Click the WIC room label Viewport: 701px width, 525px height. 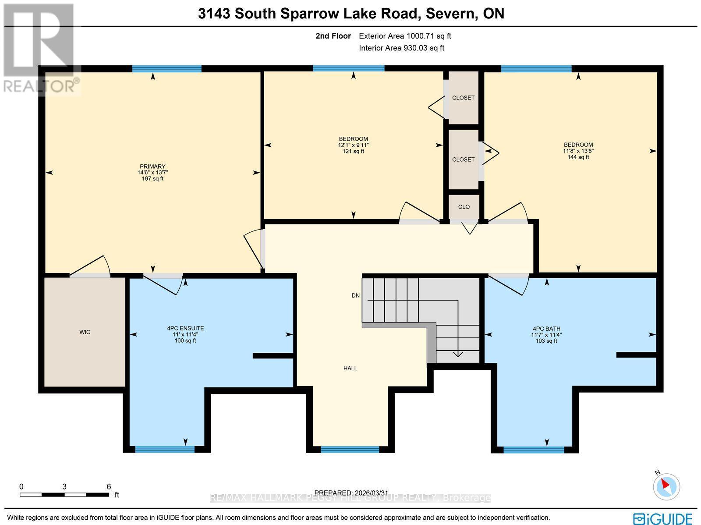coord(85,332)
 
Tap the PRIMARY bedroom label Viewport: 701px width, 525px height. coord(152,167)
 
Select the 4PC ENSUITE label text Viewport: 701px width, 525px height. coord(185,328)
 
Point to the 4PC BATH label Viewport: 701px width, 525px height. coord(546,329)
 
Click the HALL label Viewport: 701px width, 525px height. coord(350,369)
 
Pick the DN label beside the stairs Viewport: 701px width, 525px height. coord(355,296)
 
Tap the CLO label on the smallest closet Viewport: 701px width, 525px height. coord(464,207)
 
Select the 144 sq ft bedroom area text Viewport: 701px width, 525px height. coord(578,157)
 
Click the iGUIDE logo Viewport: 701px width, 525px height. coord(663,518)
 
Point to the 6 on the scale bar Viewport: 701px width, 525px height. coord(109,486)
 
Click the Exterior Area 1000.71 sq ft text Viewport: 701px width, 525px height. coord(405,36)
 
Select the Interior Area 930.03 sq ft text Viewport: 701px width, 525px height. coord(401,48)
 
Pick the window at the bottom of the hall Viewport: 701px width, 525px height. coord(350,449)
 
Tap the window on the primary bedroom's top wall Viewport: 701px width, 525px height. coord(166,68)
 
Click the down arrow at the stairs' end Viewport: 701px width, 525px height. coord(458,353)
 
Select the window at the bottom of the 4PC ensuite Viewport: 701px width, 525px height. coord(164,449)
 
